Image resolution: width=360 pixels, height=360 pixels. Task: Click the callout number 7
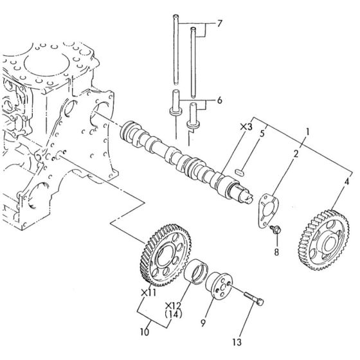(219, 24)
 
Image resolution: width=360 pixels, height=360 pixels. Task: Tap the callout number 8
(276, 252)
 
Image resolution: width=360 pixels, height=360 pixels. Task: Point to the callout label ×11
(147, 292)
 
